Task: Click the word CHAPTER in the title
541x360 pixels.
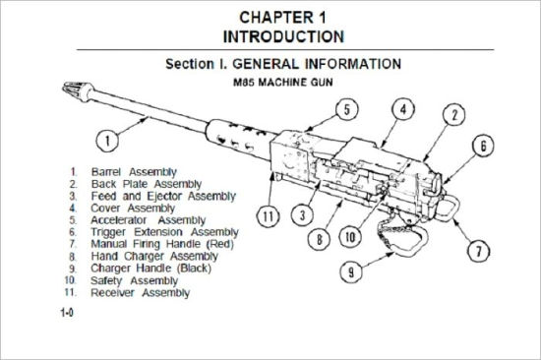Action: pos(254,18)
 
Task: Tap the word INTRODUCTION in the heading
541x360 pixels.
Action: pos(283,37)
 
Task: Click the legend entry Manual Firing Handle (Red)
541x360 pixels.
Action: pos(162,243)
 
